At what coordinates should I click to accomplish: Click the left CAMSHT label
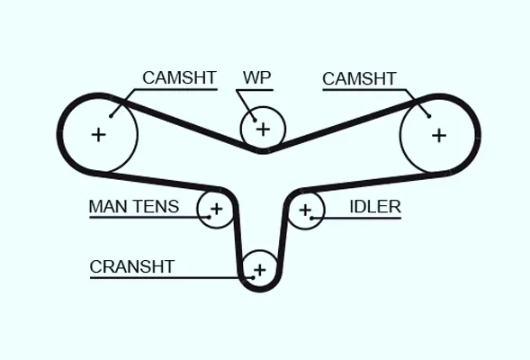(179, 77)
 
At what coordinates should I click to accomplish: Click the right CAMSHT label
(359, 79)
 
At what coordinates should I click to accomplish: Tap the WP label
(256, 77)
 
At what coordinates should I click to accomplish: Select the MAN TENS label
(134, 206)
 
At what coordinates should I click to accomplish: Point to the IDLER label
(375, 206)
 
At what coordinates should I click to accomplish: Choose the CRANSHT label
(131, 266)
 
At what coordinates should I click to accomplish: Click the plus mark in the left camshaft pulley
(99, 135)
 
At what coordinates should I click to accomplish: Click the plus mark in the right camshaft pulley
(439, 136)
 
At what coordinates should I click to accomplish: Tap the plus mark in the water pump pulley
(263, 130)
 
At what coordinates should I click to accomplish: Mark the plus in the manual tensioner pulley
(216, 209)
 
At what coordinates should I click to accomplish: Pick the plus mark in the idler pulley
(305, 211)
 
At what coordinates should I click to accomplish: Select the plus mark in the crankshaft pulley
(260, 270)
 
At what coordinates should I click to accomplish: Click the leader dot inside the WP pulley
(255, 120)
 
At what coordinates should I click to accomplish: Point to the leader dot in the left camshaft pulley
(111, 116)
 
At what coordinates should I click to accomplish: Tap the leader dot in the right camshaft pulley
(429, 116)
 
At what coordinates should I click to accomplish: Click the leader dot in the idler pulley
(311, 218)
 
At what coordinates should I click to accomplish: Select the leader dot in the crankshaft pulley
(253, 277)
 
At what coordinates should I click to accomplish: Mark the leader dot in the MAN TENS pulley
(210, 217)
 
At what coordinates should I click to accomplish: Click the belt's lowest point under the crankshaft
(259, 290)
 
